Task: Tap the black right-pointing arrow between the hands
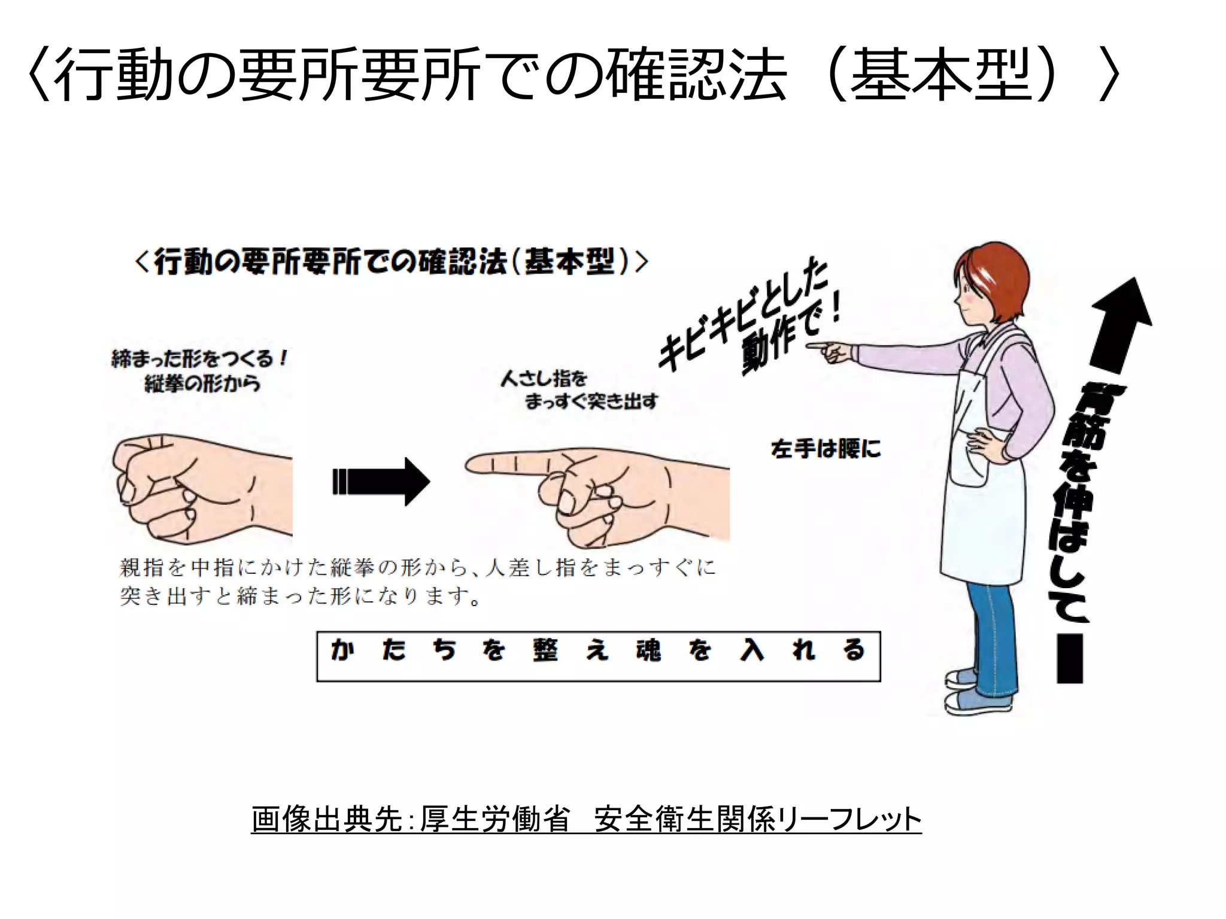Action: pos(381,482)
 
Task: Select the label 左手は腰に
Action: pos(826,449)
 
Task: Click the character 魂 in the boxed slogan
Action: pos(648,650)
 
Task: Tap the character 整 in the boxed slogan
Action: pos(545,650)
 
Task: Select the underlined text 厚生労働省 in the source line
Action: pos(494,819)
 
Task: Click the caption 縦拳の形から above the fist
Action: pos(202,383)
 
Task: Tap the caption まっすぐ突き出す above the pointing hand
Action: pos(591,401)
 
